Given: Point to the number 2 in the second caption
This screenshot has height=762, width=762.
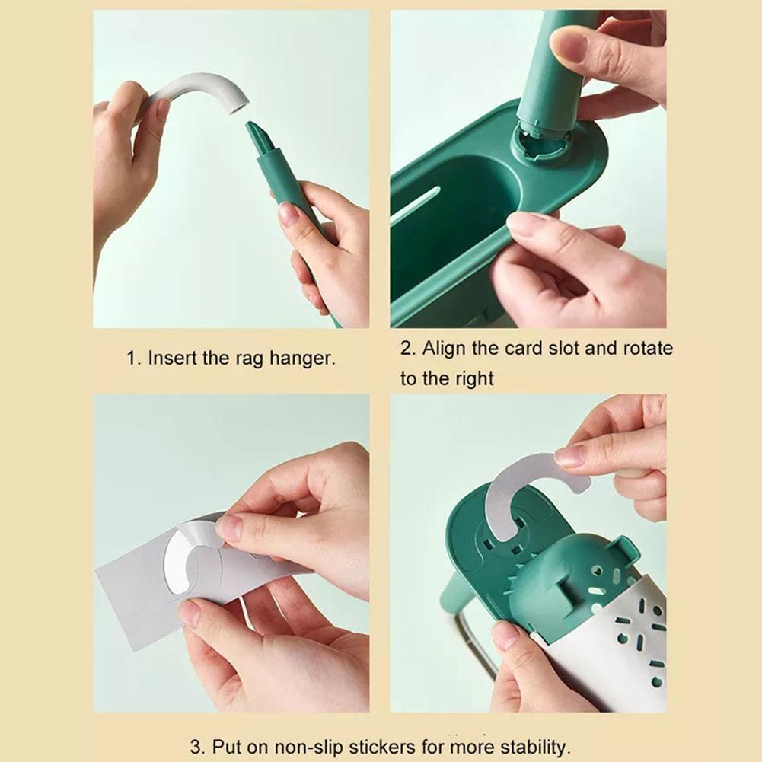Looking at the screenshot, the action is [x=407, y=349].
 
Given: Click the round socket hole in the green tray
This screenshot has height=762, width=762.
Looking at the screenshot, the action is [x=541, y=142].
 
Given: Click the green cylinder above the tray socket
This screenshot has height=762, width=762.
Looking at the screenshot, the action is [x=559, y=68].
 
